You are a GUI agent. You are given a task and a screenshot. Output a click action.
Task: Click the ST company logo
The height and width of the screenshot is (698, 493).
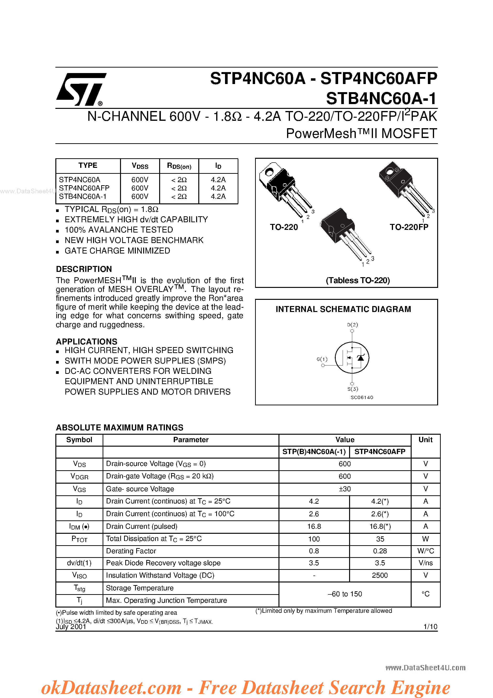[81, 89]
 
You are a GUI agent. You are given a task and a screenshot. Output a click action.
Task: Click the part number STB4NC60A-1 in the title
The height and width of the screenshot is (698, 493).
[381, 99]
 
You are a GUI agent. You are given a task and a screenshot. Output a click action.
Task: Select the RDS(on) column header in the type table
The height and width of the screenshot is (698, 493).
[179, 166]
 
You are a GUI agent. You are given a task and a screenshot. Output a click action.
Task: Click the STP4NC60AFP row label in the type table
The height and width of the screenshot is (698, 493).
[84, 188]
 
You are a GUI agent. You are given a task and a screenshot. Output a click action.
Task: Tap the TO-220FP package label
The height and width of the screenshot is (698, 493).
[409, 227]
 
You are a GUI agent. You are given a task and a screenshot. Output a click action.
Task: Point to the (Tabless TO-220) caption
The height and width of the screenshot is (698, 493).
[358, 280]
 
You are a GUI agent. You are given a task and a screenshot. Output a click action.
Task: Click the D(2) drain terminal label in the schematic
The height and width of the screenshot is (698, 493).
[352, 325]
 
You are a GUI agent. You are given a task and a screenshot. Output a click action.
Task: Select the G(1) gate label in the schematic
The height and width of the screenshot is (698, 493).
[322, 359]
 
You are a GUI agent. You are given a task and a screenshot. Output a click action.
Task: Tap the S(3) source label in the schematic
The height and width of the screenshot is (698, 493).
[353, 389]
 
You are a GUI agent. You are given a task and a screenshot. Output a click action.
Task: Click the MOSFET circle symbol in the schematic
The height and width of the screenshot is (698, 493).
[352, 358]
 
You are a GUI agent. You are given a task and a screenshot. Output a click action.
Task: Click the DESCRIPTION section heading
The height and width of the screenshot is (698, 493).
[84, 269]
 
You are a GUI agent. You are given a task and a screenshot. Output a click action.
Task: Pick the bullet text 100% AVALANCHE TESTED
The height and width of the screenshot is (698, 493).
[119, 230]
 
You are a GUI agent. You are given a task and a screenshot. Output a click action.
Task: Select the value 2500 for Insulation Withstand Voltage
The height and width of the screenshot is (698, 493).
[380, 575]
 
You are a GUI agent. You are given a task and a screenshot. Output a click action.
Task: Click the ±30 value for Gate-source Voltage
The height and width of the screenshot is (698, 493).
[345, 489]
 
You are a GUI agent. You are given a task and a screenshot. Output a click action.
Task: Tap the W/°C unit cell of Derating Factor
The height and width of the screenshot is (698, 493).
[425, 551]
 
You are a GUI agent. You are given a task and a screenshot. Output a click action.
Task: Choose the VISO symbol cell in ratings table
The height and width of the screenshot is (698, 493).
[79, 575]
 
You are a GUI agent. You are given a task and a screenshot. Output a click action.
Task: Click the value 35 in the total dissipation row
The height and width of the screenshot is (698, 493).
[380, 539]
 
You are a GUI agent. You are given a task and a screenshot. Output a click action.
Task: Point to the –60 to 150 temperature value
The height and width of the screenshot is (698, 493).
[345, 594]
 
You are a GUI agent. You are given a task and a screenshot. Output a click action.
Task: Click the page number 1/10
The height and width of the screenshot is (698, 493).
[430, 627]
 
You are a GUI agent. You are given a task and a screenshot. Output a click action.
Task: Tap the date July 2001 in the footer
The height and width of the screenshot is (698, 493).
[71, 627]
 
